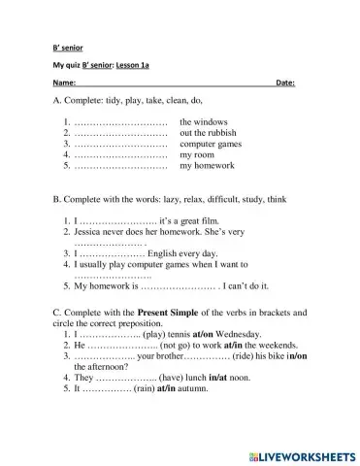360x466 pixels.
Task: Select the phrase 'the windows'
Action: (204, 121)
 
